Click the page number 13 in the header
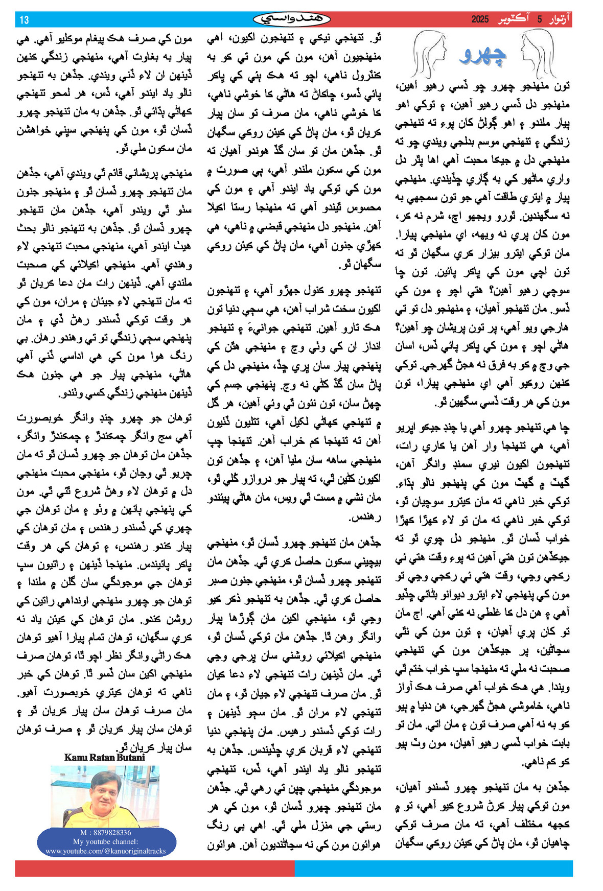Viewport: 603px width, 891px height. [x=24, y=20]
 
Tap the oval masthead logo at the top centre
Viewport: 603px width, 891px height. [x=292, y=19]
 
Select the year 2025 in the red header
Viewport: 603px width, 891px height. [x=480, y=20]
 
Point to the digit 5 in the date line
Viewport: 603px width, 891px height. [x=539, y=20]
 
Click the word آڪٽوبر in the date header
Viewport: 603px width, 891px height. [x=513, y=20]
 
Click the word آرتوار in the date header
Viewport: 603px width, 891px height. [x=559, y=20]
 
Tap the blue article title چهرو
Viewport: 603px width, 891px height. [x=483, y=56]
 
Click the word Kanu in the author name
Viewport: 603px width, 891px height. [x=75, y=758]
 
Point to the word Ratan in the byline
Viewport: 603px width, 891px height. [x=101, y=758]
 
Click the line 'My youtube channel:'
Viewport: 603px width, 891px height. [x=105, y=841]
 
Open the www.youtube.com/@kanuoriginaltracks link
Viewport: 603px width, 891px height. [x=105, y=851]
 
